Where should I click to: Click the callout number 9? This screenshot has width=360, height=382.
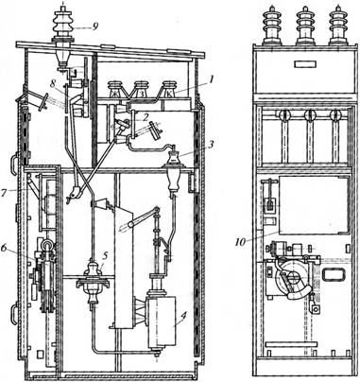94,27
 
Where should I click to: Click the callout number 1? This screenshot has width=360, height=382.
212,78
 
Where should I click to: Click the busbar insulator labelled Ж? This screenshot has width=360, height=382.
113,90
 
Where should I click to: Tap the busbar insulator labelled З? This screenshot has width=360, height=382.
141,90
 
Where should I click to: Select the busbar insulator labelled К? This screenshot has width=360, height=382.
167,90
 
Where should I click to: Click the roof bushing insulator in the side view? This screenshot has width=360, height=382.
63,26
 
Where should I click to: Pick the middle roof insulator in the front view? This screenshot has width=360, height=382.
305,26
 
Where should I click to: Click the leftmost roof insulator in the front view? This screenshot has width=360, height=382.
271,26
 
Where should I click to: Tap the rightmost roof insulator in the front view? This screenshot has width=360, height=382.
337,26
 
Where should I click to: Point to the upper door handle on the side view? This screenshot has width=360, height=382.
14,164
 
